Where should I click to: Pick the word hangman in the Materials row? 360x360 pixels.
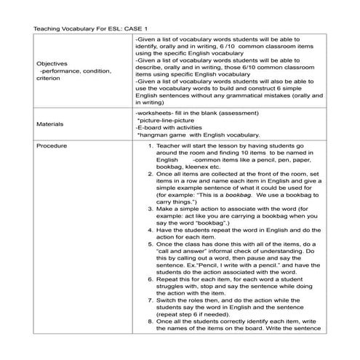pos(155,135)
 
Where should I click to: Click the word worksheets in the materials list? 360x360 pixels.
pos(153,113)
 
